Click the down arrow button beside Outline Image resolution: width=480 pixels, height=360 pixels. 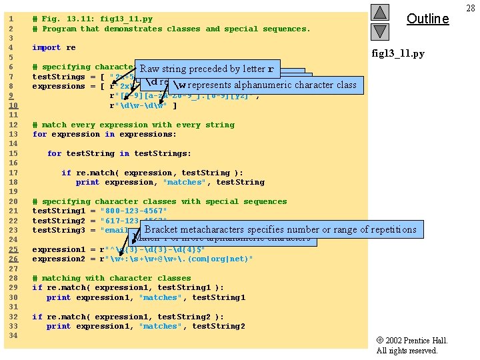(x=379, y=31)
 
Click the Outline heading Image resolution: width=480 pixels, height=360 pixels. (x=427, y=19)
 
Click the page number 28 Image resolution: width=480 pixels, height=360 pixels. (x=471, y=7)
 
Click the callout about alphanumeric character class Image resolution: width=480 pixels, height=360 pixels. (x=265, y=85)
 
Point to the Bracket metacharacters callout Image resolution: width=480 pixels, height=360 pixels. (x=280, y=230)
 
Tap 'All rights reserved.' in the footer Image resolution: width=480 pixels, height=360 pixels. (x=407, y=351)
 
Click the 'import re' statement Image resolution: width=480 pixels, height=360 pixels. (x=54, y=48)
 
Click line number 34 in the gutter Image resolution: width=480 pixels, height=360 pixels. (x=11, y=336)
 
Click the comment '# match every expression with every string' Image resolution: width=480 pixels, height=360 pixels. (x=133, y=125)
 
